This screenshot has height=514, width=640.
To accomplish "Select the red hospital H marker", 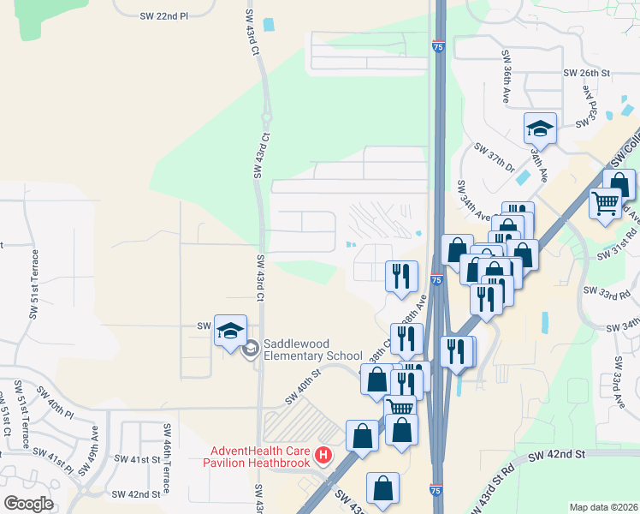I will coord(323,454).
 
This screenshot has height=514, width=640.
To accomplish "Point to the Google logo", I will coord(28,503).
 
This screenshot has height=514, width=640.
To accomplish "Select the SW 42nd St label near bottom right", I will coord(557,453).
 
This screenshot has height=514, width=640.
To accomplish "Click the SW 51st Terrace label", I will coord(34,284).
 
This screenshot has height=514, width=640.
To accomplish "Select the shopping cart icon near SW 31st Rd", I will coord(605,204).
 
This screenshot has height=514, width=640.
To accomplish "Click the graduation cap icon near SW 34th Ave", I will coord(540,129).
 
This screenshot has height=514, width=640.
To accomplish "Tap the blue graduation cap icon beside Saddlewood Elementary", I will coord(230,331).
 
